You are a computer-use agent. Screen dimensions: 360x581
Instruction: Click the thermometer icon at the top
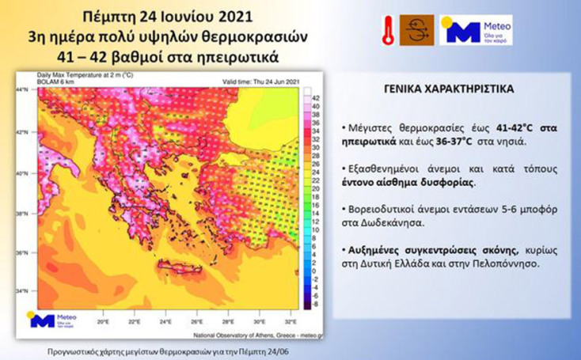388,28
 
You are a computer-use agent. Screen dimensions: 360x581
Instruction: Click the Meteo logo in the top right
475,29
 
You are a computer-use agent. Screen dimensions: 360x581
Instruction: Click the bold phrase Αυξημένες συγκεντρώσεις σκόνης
415,249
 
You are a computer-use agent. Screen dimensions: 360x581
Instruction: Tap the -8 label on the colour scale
315,301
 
